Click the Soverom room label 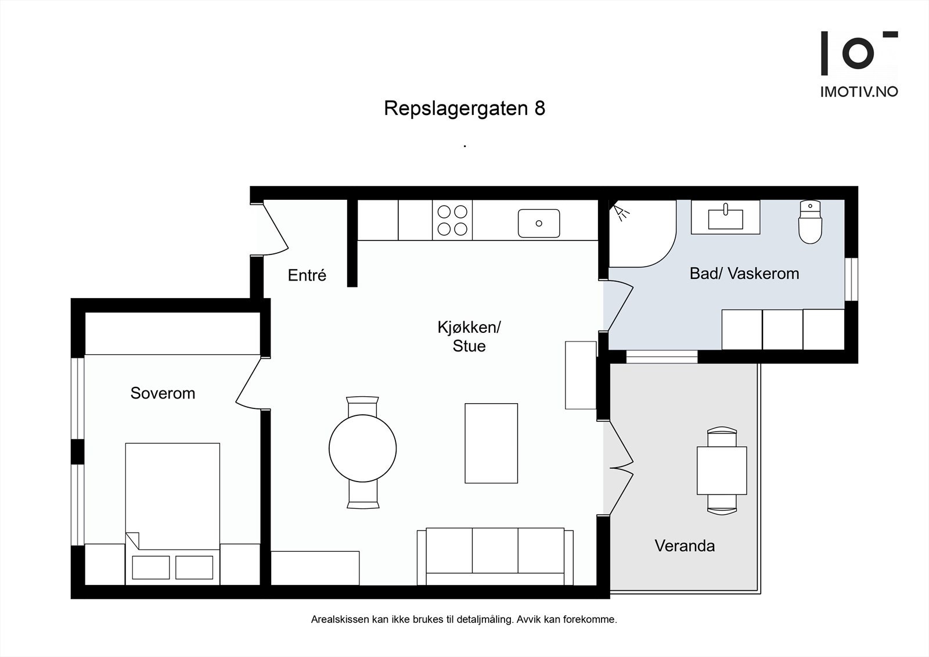click(x=163, y=393)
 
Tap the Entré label click(x=307, y=275)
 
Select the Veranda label click(x=685, y=546)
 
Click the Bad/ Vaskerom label click(x=744, y=274)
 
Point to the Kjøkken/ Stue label click(x=469, y=336)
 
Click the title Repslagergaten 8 click(x=464, y=109)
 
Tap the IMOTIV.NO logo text click(x=859, y=92)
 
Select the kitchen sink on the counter click(x=539, y=223)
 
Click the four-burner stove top click(x=452, y=220)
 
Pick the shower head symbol click(x=622, y=212)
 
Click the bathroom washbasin click(x=725, y=217)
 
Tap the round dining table click(x=362, y=448)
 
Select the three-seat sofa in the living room click(x=495, y=556)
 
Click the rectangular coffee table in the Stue click(x=491, y=443)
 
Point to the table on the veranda click(x=722, y=471)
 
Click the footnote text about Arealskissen click(x=464, y=620)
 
